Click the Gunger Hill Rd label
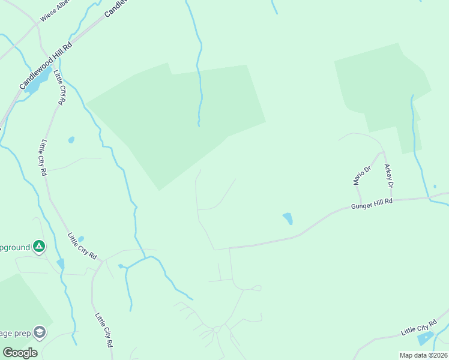click(x=372, y=205)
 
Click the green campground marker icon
click(x=39, y=246)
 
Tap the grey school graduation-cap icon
click(x=40, y=332)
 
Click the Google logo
click(x=20, y=353)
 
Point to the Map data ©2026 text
click(x=423, y=355)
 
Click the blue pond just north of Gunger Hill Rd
click(x=288, y=218)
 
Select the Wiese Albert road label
click(x=55, y=11)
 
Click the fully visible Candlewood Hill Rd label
click(x=46, y=66)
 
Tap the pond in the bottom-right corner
click(x=425, y=338)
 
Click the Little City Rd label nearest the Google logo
click(x=103, y=331)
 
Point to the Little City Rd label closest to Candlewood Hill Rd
click(x=59, y=88)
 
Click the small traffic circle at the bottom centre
click(x=216, y=329)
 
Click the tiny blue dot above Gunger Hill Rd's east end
click(x=435, y=187)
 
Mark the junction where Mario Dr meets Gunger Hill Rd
click(x=361, y=202)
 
